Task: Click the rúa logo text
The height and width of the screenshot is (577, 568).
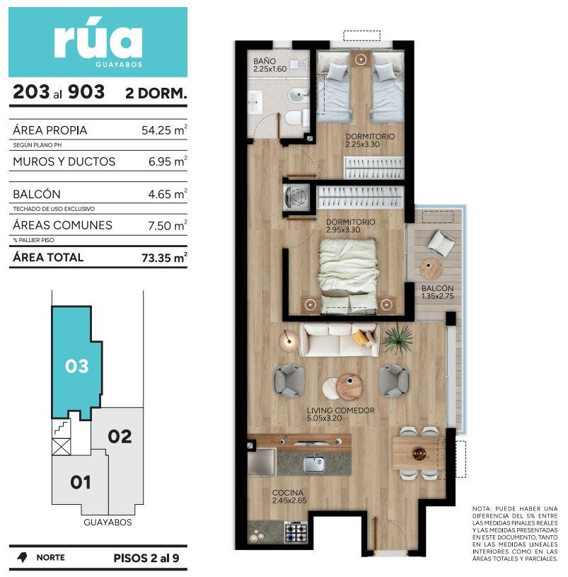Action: (x=98, y=41)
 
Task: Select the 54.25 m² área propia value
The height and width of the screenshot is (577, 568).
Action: (x=164, y=130)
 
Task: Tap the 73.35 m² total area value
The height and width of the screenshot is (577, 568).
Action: (x=164, y=257)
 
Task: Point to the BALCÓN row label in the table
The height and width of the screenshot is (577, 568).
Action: (x=37, y=194)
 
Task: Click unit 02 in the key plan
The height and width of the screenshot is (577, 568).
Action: (x=120, y=436)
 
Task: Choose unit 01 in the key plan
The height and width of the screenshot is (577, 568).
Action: (x=81, y=482)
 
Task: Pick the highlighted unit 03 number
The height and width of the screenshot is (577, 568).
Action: (x=77, y=366)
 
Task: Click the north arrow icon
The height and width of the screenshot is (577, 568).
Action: (x=23, y=557)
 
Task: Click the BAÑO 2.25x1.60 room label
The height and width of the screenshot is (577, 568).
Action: (x=269, y=64)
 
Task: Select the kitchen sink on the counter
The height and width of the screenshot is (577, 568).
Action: (x=313, y=464)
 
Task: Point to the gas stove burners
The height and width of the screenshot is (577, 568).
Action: (x=296, y=532)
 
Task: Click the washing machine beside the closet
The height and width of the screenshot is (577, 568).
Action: (x=296, y=197)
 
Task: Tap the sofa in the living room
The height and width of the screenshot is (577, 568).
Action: (x=340, y=340)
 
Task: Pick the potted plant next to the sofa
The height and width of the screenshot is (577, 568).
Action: (x=398, y=339)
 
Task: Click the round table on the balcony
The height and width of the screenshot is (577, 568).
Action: (x=431, y=268)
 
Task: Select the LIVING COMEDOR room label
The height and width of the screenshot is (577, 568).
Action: (x=340, y=411)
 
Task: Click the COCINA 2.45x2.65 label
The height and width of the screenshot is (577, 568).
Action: (x=289, y=496)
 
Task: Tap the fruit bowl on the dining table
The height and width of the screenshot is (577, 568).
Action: (x=419, y=454)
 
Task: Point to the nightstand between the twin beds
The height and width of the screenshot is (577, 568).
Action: (x=361, y=59)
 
